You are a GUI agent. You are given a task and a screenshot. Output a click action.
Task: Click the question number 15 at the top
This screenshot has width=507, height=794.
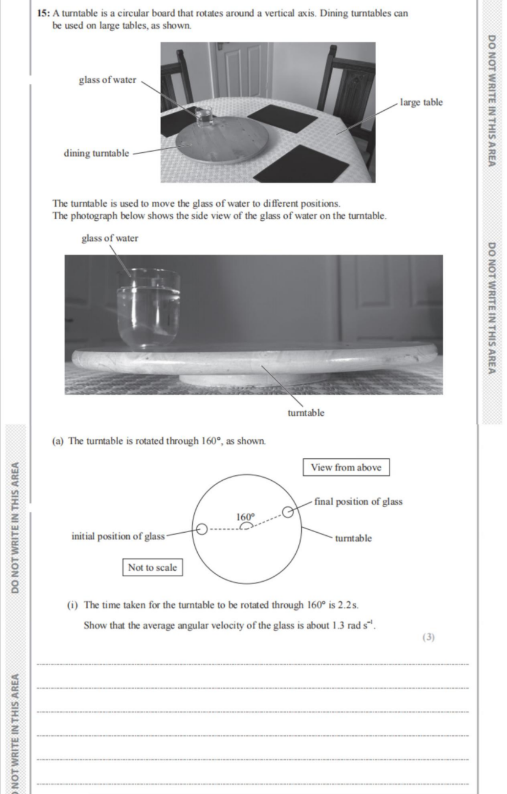click(43, 13)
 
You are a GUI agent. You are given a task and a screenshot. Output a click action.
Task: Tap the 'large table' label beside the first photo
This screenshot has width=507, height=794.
click(421, 102)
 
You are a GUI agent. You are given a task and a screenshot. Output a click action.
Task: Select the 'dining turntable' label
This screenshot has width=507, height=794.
click(96, 153)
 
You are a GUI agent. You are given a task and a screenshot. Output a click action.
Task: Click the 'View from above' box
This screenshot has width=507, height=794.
click(346, 467)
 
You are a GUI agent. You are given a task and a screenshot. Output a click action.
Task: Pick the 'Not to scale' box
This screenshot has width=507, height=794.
click(152, 568)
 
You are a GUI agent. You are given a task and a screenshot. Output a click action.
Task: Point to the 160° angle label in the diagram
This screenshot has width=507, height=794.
click(246, 517)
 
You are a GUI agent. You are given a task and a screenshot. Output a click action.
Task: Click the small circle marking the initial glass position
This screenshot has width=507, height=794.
click(201, 530)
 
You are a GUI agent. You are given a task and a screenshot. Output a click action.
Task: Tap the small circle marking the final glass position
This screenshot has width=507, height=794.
click(288, 512)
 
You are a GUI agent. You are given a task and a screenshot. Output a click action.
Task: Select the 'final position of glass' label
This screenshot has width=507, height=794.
click(358, 502)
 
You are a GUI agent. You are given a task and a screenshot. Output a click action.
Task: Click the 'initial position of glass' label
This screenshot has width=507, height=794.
click(118, 536)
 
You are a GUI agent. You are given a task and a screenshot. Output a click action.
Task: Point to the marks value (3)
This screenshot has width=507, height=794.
click(428, 637)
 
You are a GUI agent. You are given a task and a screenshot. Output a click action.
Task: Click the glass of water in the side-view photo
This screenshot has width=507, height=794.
click(148, 308)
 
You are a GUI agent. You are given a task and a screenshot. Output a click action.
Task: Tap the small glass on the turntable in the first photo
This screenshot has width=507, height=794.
click(205, 117)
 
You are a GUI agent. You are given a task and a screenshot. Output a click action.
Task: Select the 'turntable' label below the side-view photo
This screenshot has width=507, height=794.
click(306, 413)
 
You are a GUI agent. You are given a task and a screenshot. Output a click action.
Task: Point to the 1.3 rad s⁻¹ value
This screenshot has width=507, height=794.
click(353, 625)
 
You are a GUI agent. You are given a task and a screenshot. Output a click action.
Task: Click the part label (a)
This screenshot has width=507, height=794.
click(58, 441)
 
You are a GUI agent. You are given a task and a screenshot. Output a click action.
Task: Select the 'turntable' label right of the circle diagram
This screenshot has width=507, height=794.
click(353, 538)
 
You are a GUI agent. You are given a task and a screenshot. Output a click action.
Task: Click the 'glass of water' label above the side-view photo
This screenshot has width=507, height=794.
click(110, 238)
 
